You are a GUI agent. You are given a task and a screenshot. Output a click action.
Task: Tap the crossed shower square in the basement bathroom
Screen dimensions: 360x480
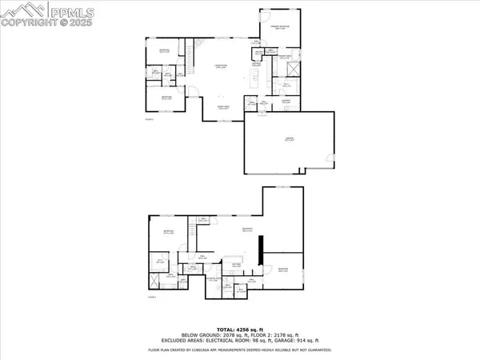153,282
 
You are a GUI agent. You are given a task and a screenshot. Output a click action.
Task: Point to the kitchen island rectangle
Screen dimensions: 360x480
255,78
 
